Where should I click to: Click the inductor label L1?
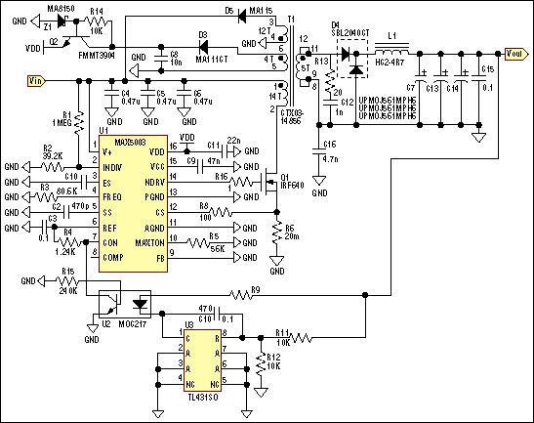coord(393,36)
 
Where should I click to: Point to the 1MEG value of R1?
coord(59,123)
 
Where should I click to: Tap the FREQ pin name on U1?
coord(112,195)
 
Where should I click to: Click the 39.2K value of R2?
coord(53,155)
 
